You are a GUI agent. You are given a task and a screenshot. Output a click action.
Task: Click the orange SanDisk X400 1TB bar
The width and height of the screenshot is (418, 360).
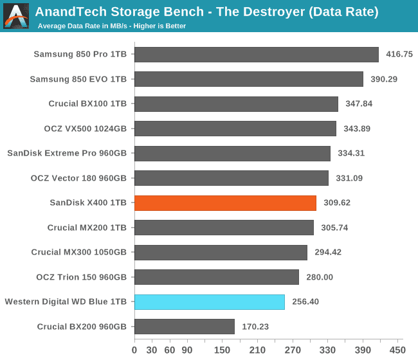tap(225, 203)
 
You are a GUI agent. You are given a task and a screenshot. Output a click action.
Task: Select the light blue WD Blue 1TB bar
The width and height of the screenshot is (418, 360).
tap(210, 302)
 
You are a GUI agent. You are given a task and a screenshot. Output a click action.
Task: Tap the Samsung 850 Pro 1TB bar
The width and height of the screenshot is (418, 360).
tap(256, 55)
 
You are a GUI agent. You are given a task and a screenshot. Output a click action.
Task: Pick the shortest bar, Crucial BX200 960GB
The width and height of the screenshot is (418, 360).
tap(185, 327)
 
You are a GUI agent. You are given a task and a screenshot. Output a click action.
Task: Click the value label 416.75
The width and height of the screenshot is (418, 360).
tap(399, 55)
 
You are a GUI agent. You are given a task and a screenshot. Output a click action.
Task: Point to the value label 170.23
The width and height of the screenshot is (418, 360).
tap(255, 327)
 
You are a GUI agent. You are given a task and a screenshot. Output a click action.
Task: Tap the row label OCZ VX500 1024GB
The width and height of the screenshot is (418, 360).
tap(86, 129)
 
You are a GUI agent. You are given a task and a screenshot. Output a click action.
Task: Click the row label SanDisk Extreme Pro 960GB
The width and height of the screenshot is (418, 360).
tap(67, 154)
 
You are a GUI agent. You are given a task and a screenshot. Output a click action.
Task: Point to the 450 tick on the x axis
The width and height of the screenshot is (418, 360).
tap(397, 350)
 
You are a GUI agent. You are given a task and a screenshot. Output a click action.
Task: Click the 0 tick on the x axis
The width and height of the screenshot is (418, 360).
tap(134, 350)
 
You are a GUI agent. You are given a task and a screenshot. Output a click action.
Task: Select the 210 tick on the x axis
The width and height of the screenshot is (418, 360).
tap(257, 350)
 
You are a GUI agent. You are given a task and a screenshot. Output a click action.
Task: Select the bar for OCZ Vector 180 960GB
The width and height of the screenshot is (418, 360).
tap(232, 178)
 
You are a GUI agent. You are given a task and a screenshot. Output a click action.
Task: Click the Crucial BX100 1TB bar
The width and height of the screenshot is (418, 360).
tap(236, 104)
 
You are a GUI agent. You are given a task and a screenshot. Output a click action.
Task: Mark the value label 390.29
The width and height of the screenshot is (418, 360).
tap(385, 79)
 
